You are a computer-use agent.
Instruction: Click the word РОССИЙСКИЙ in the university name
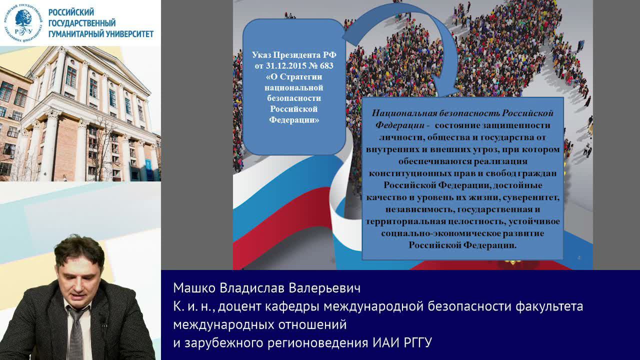point(71,12)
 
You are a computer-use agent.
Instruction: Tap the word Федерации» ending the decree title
point(294,120)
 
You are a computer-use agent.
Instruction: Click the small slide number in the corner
point(578,257)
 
